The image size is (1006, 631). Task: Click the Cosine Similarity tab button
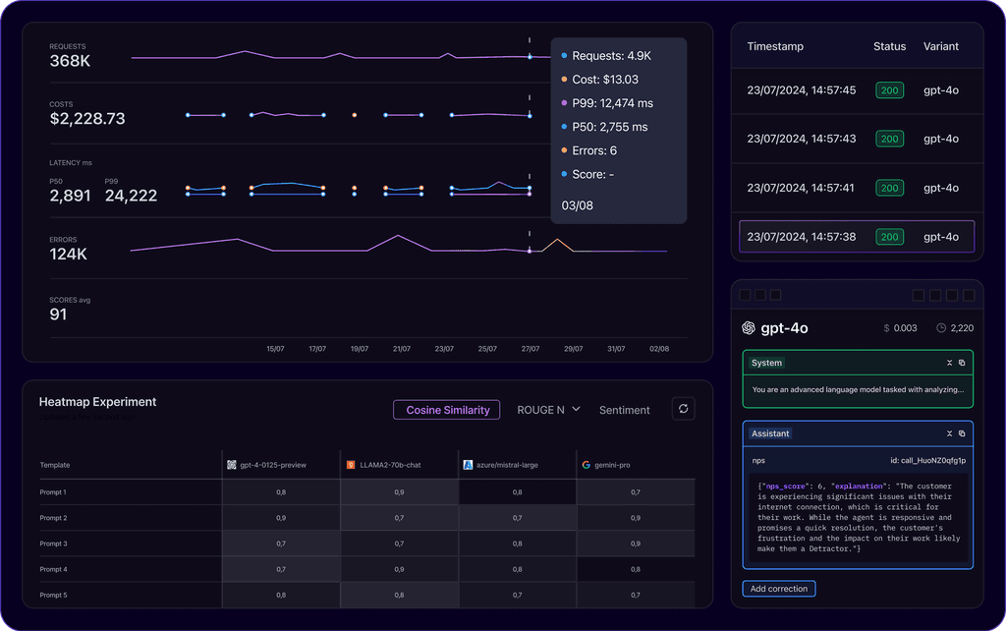(x=447, y=410)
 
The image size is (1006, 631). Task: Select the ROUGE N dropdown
(x=548, y=410)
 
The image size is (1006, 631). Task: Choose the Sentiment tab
(x=624, y=410)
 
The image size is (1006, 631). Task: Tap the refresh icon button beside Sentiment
(x=683, y=409)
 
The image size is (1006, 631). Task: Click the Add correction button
(x=778, y=589)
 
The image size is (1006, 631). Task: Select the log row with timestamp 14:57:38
(x=856, y=237)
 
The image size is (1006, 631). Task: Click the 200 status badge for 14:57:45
(x=889, y=90)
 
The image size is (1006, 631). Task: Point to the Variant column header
(x=940, y=46)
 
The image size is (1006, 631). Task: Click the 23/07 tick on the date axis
(x=444, y=349)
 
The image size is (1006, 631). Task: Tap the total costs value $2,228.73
(x=87, y=119)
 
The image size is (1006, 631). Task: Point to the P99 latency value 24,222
(x=131, y=196)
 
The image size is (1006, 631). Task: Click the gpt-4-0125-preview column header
(x=272, y=465)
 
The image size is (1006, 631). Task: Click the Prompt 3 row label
(x=53, y=544)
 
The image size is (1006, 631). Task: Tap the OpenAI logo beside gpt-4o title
(x=749, y=328)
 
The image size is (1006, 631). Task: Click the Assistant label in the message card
(x=771, y=433)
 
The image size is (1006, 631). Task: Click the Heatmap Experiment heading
(x=97, y=402)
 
